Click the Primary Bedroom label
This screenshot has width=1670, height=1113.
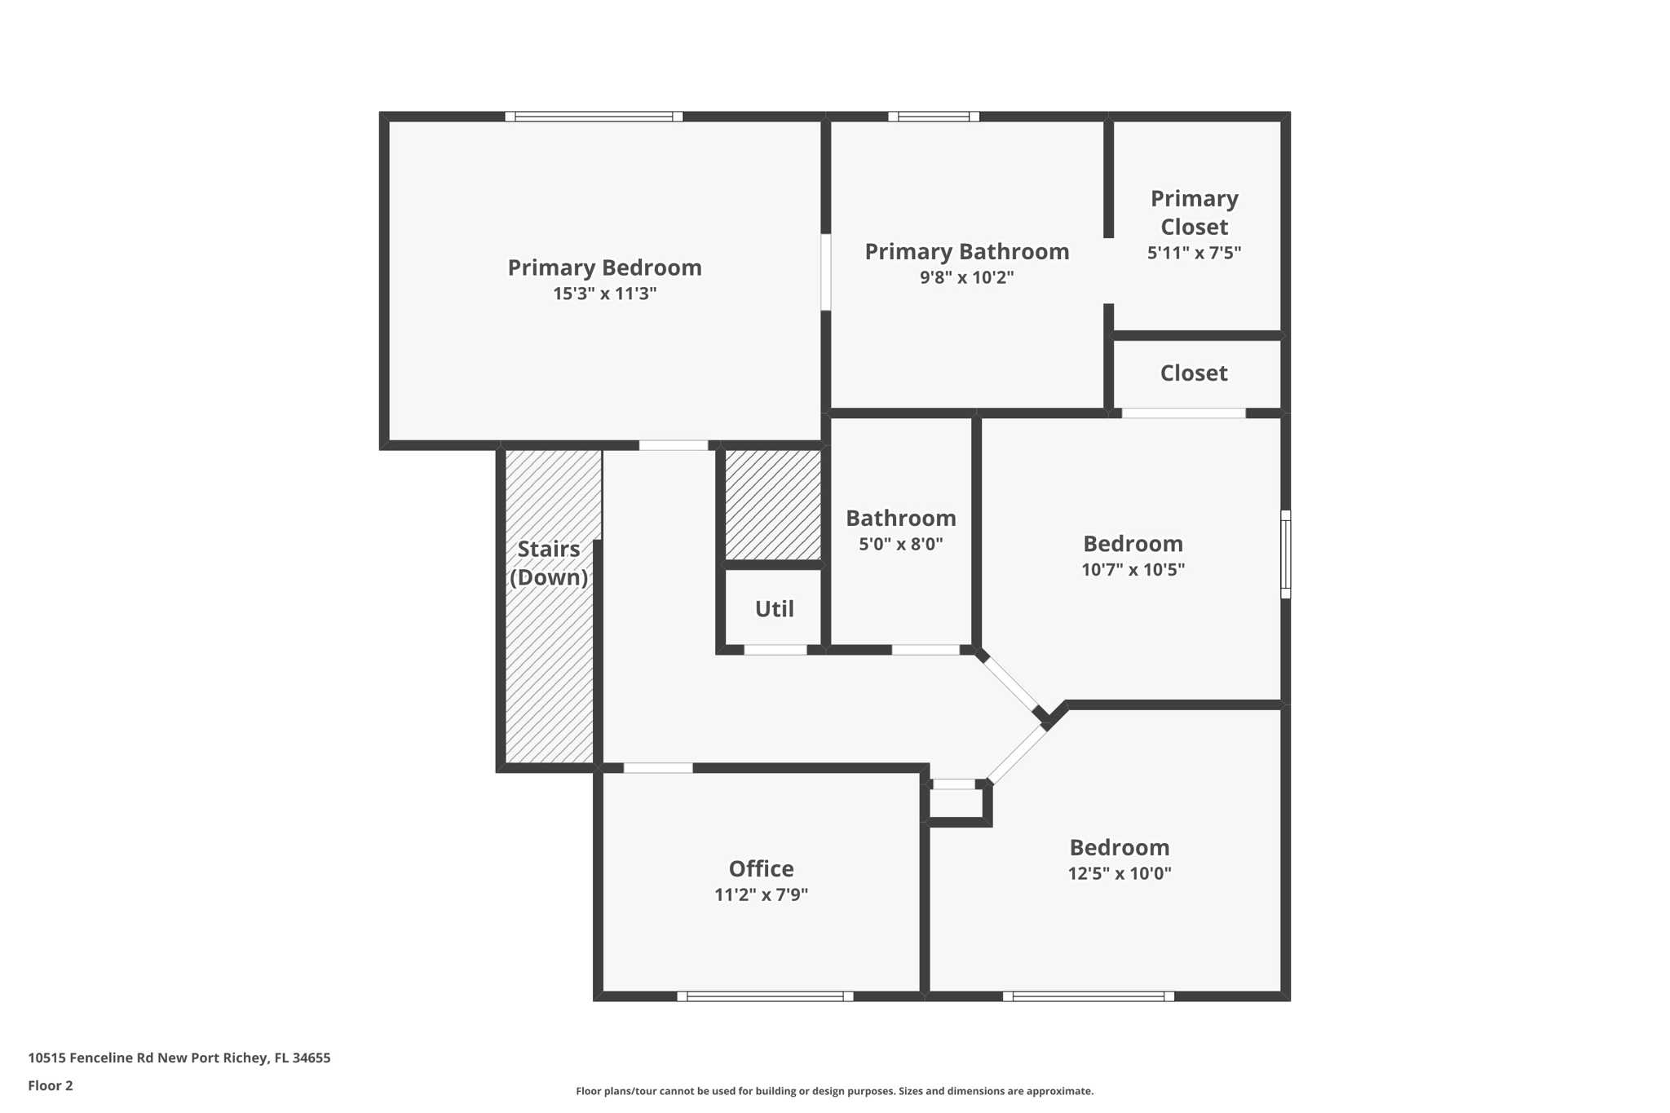click(604, 267)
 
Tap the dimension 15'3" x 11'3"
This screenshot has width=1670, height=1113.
click(604, 294)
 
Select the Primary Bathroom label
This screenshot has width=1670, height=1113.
click(966, 251)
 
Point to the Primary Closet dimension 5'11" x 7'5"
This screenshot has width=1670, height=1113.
click(1194, 253)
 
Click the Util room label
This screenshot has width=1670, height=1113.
click(774, 609)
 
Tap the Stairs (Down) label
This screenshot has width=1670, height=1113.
click(549, 563)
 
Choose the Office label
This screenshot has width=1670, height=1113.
click(761, 868)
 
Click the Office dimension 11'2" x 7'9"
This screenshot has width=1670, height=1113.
click(761, 894)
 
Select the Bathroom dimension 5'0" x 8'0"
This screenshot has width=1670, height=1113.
click(900, 544)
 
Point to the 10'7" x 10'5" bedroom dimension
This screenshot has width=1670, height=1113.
click(1133, 569)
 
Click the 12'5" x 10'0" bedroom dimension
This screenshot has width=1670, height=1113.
click(1120, 873)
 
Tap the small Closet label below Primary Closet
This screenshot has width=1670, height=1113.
click(1194, 373)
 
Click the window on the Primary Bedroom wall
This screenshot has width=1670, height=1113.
click(594, 117)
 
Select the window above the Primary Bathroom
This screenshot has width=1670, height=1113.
click(934, 117)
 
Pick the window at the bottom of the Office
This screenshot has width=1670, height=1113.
click(765, 996)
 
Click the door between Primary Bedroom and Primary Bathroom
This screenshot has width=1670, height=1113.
click(825, 272)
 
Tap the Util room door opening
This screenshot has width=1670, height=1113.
click(775, 650)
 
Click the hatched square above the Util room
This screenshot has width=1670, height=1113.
click(773, 503)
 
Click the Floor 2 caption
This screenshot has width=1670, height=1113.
click(51, 1085)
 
